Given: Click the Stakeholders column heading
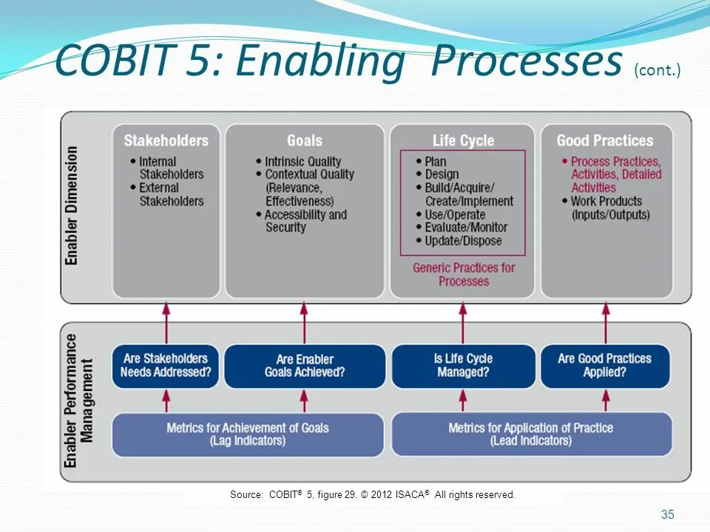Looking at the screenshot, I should pos(166,140).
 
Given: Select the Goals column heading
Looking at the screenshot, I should pos(305,140).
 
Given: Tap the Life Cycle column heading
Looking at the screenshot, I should pos(463,140).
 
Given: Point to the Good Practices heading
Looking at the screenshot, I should pos(605,140).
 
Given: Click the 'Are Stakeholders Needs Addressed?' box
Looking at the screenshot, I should pos(166,366).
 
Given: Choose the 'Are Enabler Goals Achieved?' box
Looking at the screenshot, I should pos(305,366).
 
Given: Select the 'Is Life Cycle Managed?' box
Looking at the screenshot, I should pos(463,366).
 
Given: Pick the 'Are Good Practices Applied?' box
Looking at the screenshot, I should pos(605,366).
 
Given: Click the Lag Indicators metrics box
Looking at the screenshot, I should pos(248,434).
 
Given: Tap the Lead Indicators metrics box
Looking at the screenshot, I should pos(531,434).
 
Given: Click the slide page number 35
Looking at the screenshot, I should pos(667,515).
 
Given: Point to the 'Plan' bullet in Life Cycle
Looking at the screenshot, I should pos(436,162).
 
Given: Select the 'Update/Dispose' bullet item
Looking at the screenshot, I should pos(463,241).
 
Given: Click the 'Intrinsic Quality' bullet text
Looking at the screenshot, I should pos(303,162).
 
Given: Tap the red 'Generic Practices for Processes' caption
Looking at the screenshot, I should pos(464,274).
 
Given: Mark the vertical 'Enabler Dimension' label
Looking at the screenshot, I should pos(72,205).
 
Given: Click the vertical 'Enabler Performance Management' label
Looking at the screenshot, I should pos(79,400).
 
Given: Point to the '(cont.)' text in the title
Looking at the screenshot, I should pos(657,70).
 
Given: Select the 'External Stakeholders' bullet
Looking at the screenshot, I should pos(170,194).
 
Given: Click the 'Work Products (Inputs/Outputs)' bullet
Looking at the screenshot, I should pos(609,208).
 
